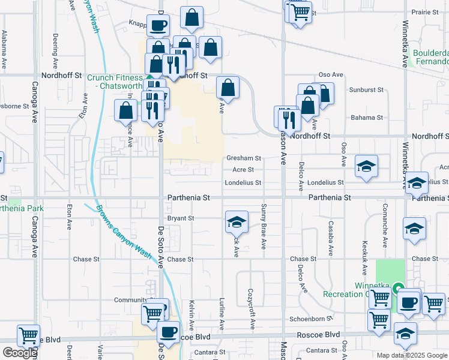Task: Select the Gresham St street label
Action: (243, 158)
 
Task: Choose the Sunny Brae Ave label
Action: (263, 226)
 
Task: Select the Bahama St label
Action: (367, 117)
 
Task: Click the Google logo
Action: (20, 353)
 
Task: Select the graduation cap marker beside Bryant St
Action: (237, 221)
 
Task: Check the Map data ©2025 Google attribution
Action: (412, 355)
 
